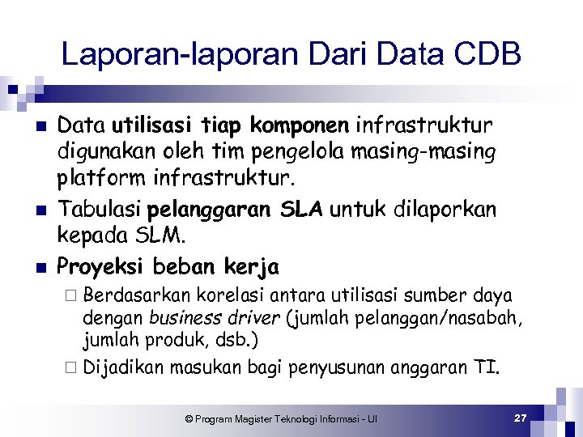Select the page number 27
click(x=521, y=418)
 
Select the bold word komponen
click(x=297, y=125)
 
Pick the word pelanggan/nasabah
click(x=449, y=318)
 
